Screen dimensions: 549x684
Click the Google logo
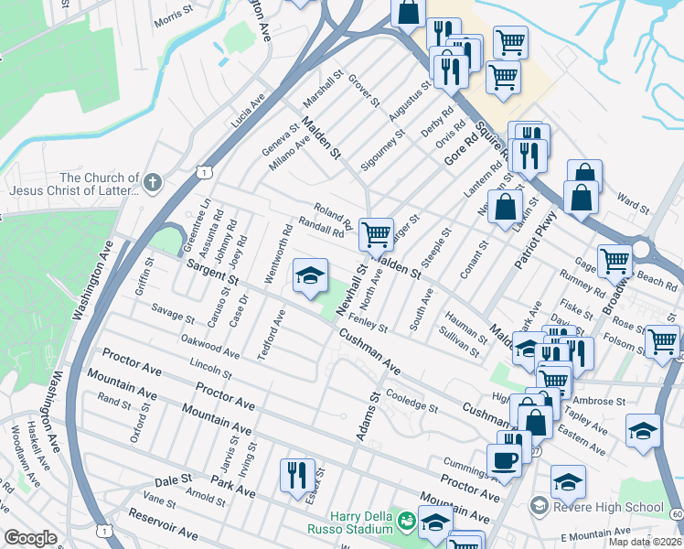[x=30, y=539]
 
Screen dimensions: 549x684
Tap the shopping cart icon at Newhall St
[x=376, y=235]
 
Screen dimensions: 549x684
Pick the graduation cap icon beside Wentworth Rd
[x=310, y=275]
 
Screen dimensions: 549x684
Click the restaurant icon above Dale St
[x=297, y=475]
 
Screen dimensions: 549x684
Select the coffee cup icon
[x=504, y=460]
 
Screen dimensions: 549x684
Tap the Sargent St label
[x=212, y=272]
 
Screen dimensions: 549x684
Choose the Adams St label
[x=368, y=416]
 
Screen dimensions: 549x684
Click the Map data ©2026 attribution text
[x=644, y=542]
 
